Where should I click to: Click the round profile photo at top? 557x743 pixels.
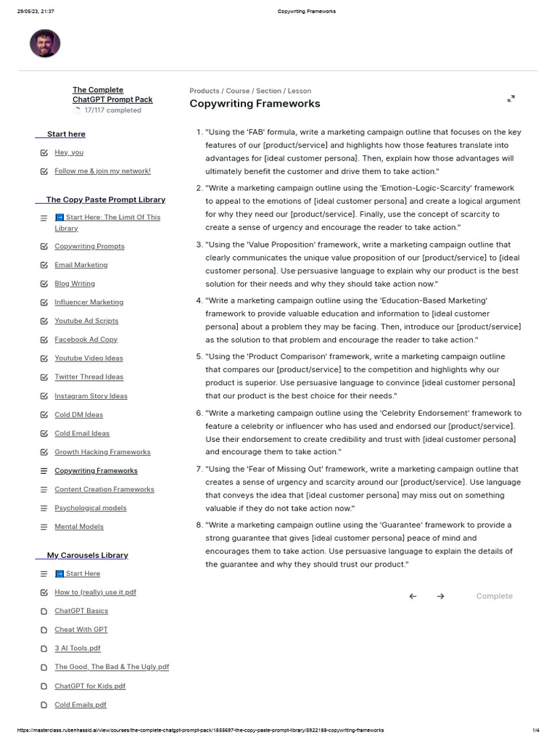click(x=45, y=44)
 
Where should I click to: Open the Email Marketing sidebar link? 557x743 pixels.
click(x=81, y=265)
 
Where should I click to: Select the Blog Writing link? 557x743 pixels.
click(x=75, y=284)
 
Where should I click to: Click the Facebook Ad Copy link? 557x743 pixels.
click(x=86, y=340)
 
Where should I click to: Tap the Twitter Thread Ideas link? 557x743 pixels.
click(x=88, y=377)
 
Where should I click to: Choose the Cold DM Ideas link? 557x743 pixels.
click(x=78, y=415)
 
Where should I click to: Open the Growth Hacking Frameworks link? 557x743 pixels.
click(x=102, y=452)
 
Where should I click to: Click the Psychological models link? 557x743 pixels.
click(x=90, y=508)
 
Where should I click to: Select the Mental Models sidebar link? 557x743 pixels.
click(x=78, y=527)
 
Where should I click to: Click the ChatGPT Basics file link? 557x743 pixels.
click(x=81, y=611)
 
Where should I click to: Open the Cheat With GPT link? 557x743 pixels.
click(x=81, y=630)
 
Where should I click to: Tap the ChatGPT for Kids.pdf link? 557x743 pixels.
click(x=90, y=686)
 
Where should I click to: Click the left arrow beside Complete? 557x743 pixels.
click(x=413, y=596)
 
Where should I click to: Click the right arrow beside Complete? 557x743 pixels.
click(x=440, y=596)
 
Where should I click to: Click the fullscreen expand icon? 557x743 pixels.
click(x=511, y=99)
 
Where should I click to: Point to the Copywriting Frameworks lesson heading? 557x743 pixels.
click(x=255, y=104)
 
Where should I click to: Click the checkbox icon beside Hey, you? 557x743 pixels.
click(x=44, y=152)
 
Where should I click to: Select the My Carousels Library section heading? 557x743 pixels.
click(x=87, y=555)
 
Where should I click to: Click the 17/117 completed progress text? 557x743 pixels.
click(x=112, y=110)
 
